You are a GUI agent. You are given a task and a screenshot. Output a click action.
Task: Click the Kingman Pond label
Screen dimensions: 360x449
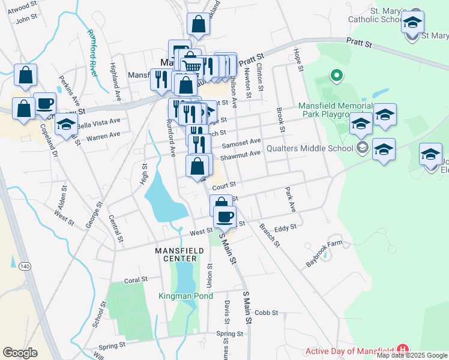(x=185, y=296)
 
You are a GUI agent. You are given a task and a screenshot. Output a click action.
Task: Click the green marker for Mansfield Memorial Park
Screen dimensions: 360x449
(x=337, y=77)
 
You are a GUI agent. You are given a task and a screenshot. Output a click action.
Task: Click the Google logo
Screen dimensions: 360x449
(x=20, y=352)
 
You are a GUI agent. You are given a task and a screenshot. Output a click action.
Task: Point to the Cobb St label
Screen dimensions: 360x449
(x=267, y=313)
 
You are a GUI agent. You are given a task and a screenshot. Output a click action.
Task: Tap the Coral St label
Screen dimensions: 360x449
(x=136, y=280)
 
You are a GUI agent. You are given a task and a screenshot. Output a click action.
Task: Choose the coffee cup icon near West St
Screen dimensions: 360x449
(x=224, y=217)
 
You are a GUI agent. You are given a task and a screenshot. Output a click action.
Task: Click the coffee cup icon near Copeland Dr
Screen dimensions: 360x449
(x=44, y=103)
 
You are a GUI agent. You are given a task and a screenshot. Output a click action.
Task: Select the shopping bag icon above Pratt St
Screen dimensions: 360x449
(x=198, y=25)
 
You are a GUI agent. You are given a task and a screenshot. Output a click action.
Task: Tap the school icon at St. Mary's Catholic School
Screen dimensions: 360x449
(x=412, y=23)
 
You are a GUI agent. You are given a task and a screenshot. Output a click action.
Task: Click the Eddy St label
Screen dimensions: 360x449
(x=285, y=228)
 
